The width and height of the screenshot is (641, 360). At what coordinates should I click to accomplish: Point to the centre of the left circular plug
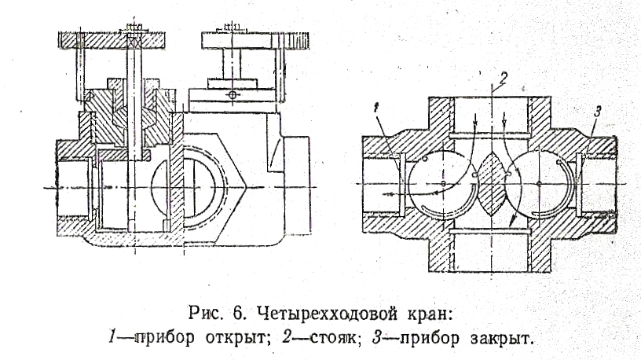(443, 182)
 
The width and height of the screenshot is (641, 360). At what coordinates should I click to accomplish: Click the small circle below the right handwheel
(231, 95)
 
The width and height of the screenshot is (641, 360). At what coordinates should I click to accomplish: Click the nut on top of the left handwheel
(133, 29)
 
